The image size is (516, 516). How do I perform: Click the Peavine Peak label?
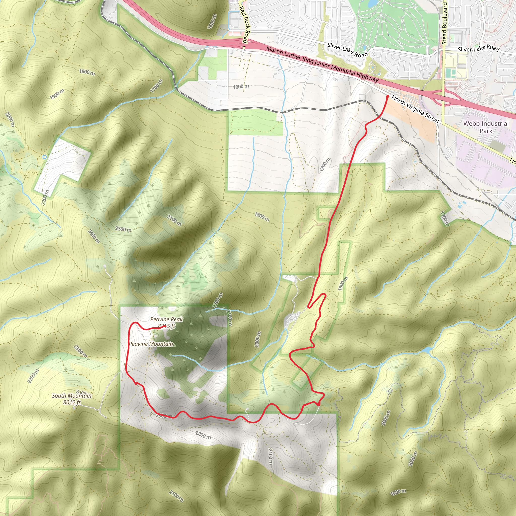[166, 319]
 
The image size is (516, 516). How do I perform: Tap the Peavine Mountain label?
[151, 344]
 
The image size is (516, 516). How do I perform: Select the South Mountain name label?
[72, 396]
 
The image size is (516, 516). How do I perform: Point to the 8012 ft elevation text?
[72, 402]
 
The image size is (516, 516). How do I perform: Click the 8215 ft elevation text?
[166, 326]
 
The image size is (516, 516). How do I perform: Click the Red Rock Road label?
[244, 25]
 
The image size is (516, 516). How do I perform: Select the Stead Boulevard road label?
[444, 23]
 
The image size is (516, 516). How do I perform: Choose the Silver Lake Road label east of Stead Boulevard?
[478, 49]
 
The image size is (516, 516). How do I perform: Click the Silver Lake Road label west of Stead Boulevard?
[347, 50]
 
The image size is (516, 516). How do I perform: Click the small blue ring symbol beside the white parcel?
[45, 157]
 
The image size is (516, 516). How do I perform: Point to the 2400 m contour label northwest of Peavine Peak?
[93, 236]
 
